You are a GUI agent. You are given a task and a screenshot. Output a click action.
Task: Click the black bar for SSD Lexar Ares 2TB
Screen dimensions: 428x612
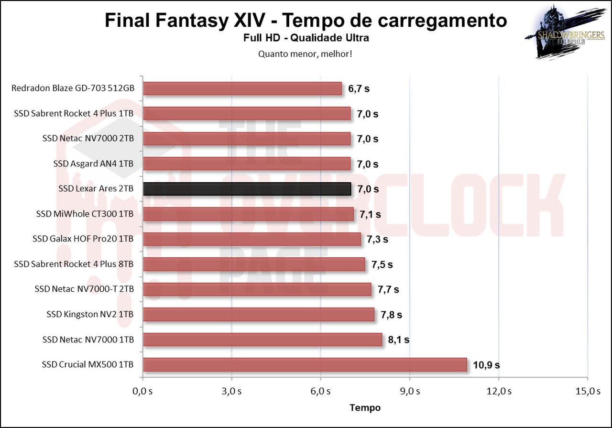[x=247, y=189]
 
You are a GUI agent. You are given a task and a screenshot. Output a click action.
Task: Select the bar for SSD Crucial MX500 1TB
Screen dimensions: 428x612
[x=305, y=364]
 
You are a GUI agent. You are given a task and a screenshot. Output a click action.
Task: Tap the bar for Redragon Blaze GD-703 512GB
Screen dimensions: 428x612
[x=242, y=88]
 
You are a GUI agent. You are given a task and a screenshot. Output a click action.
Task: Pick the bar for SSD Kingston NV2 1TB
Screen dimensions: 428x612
[x=258, y=314]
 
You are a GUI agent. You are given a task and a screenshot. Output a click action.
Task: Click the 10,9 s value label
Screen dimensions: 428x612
[x=486, y=365]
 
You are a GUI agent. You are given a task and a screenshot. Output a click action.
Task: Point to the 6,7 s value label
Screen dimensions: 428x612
[x=359, y=88]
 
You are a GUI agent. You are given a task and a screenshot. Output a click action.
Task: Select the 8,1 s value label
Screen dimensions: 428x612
[x=399, y=340]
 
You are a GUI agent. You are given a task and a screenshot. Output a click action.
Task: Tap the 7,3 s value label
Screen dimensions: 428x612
[x=378, y=239]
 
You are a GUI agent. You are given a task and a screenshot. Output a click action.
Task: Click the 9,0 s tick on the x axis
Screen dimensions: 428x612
[x=409, y=391]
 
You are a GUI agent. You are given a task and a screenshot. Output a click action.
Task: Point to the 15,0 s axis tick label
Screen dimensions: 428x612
[x=588, y=391]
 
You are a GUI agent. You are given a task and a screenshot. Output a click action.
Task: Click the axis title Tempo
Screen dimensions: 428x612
[x=365, y=407]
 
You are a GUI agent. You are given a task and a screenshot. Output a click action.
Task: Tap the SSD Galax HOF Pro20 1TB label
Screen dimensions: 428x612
[x=83, y=239]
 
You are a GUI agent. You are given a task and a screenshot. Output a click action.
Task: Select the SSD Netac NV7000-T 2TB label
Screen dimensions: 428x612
[x=84, y=289]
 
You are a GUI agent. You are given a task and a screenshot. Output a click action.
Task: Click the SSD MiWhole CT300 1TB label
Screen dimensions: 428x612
[x=85, y=214]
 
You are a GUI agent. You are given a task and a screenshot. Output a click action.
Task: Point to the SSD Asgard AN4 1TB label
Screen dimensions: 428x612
[x=93, y=164]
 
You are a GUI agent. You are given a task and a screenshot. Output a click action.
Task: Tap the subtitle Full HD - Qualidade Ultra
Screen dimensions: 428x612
[x=306, y=38]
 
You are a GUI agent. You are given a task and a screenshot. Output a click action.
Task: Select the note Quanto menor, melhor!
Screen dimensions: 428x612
[x=305, y=54]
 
